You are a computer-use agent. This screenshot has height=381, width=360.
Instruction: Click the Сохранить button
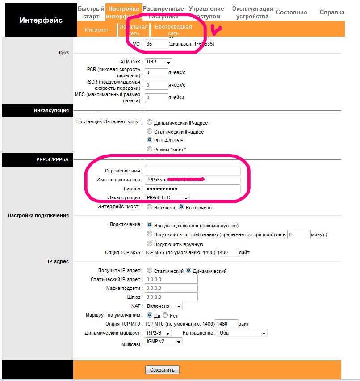(x=162, y=370)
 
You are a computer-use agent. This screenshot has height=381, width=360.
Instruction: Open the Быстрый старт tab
(x=91, y=13)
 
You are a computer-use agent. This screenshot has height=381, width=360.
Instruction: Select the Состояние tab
(x=291, y=13)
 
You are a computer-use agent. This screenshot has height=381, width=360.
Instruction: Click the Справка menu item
(x=332, y=13)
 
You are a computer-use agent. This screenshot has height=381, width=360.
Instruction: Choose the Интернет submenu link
(x=97, y=30)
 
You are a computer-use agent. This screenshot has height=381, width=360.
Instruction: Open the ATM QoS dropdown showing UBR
(x=159, y=62)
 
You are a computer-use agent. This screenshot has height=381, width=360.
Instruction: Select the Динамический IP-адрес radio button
(x=150, y=123)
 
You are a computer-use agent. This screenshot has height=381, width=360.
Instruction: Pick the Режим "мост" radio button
(x=150, y=149)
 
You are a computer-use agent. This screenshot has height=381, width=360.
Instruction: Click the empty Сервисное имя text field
(x=193, y=171)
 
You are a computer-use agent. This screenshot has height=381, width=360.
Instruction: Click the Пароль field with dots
(x=193, y=189)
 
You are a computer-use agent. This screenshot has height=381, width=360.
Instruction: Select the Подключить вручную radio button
(x=150, y=244)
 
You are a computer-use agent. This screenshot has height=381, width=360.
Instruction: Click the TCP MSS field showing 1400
(x=227, y=253)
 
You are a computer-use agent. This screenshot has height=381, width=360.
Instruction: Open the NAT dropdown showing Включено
(x=163, y=306)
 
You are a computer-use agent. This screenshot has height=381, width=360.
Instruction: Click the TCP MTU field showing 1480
(x=227, y=324)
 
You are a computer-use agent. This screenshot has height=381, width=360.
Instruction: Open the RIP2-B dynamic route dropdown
(x=158, y=333)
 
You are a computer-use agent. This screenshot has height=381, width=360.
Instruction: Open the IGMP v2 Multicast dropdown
(x=163, y=342)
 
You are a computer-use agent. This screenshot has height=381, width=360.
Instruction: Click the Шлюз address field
(x=171, y=297)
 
